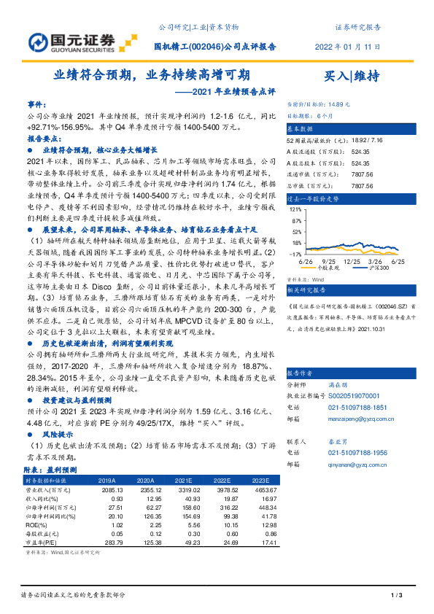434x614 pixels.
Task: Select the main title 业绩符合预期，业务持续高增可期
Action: [152, 74]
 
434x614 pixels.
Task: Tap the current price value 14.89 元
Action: [349, 104]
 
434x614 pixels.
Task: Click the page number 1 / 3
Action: [397, 596]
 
